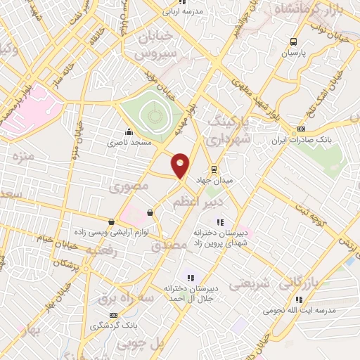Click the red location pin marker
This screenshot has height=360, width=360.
click(181, 166)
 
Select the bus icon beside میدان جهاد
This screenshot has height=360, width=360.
click(214, 169)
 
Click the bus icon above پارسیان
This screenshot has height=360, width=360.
click(295, 41)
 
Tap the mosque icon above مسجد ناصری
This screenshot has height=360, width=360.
click(128, 131)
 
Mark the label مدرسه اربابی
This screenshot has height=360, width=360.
click(182, 11)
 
